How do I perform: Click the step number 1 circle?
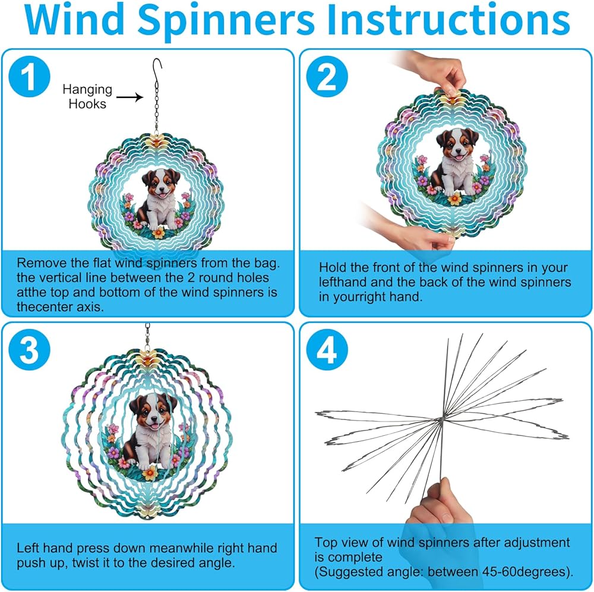(x=29, y=77)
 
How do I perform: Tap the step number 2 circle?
(x=327, y=77)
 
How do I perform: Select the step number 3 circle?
(x=29, y=349)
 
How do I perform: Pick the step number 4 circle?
(x=327, y=349)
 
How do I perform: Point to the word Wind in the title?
(x=75, y=19)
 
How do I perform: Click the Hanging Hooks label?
(x=87, y=97)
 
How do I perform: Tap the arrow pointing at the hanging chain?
(x=129, y=97)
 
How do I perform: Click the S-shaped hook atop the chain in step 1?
(x=157, y=69)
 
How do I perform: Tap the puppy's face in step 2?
(x=457, y=144)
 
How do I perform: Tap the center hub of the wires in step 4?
(x=441, y=419)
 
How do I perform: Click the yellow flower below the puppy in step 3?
(x=150, y=473)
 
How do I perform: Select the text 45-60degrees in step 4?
(x=526, y=572)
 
